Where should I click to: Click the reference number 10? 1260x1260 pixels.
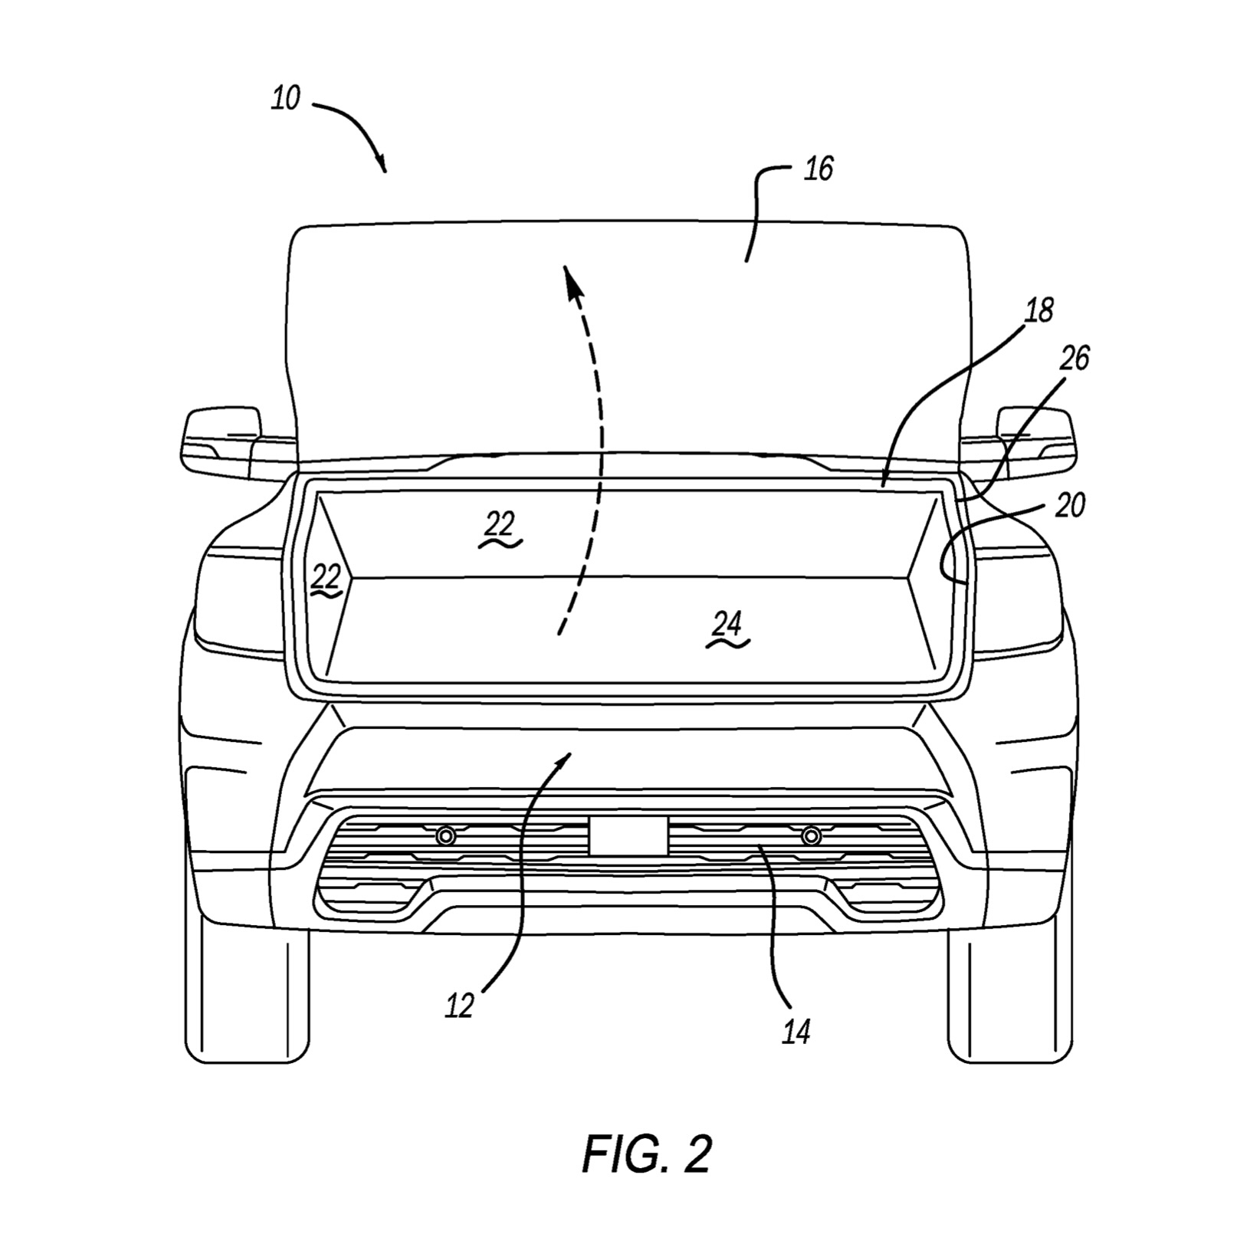(285, 99)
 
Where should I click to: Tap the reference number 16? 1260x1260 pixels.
(819, 169)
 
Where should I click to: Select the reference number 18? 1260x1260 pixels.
(1039, 310)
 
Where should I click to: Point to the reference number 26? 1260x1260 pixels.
(1075, 358)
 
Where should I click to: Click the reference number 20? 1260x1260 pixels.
(1071, 505)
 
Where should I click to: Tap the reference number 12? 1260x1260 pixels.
(460, 1006)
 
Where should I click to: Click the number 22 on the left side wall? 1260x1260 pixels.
(325, 577)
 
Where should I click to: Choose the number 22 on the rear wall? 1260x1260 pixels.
(500, 525)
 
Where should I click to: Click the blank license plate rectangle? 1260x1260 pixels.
(628, 835)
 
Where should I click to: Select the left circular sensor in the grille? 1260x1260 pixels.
(445, 835)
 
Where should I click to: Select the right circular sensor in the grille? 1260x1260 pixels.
(811, 835)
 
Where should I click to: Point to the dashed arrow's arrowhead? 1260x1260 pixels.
(569, 279)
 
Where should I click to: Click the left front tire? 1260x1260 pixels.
(247, 996)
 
